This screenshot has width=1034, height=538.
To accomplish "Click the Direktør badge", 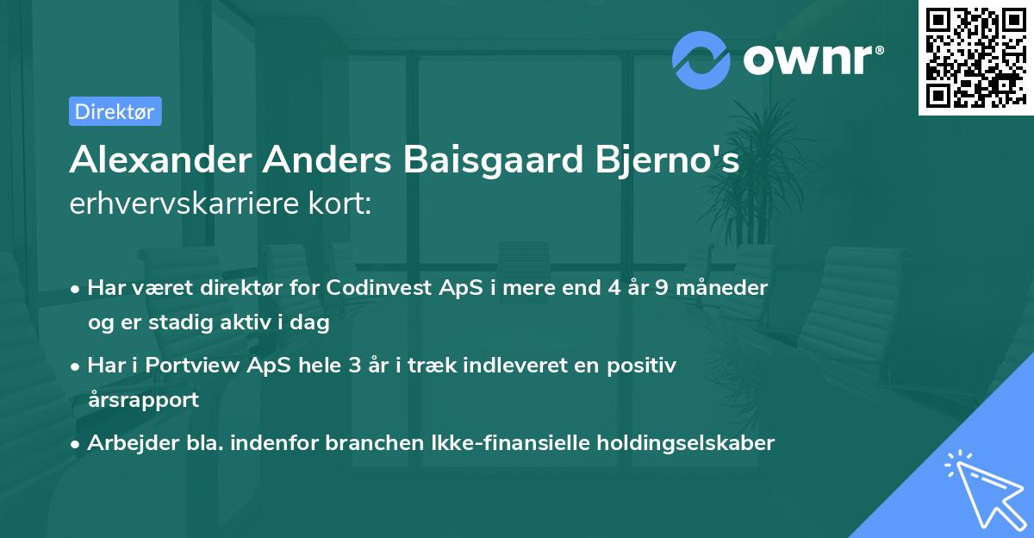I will (x=115, y=111).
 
